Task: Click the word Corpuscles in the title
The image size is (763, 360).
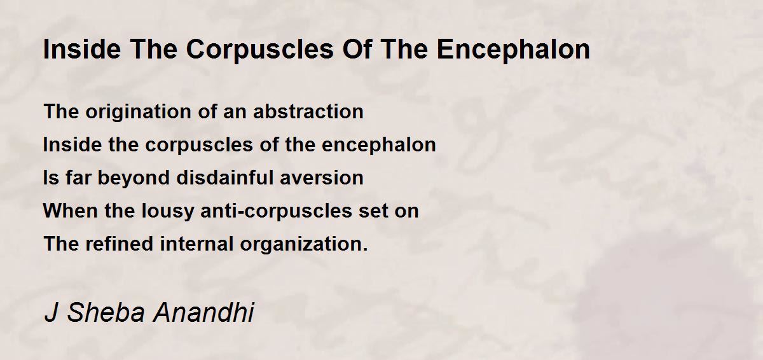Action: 260,50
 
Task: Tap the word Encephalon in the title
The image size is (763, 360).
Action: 513,50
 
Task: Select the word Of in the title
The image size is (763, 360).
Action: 356,49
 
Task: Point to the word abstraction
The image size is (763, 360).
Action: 308,111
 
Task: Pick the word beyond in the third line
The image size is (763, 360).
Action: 134,179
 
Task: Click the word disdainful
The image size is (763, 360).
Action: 225,177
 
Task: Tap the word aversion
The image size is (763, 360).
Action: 322,179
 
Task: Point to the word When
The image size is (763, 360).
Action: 70,211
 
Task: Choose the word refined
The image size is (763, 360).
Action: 119,244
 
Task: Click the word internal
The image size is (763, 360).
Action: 196,244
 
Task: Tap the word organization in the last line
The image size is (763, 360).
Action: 301,244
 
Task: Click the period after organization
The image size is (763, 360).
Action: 366,250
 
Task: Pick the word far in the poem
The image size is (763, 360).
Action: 78,177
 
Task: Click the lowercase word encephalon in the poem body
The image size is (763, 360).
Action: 379,146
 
